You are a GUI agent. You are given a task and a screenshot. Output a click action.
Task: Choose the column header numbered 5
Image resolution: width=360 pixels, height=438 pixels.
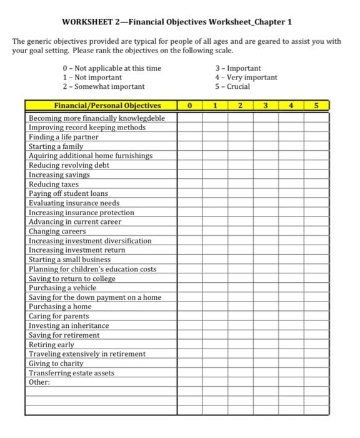[316, 106]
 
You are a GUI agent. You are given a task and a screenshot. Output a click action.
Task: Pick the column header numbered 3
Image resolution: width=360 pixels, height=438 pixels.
[265, 106]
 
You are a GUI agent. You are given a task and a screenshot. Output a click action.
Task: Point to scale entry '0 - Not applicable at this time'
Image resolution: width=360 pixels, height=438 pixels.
[112, 68]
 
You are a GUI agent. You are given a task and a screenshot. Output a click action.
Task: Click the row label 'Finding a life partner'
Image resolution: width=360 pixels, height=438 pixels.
[64, 136]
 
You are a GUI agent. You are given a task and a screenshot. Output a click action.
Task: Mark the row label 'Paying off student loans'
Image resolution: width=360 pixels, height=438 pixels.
[68, 193]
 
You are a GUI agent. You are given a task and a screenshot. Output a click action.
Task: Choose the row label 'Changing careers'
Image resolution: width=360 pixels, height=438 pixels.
[57, 231]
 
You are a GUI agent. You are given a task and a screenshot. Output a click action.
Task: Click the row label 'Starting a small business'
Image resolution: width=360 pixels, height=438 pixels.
[69, 259]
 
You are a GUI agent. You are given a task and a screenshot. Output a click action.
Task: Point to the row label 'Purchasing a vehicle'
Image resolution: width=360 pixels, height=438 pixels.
[62, 288]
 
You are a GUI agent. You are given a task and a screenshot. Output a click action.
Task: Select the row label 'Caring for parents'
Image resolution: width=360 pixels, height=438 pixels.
[60, 316]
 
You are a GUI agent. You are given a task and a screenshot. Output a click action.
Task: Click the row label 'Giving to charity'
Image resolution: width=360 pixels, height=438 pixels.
[56, 363]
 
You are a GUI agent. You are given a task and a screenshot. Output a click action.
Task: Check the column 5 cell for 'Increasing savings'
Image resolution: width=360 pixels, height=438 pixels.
[316, 175]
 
